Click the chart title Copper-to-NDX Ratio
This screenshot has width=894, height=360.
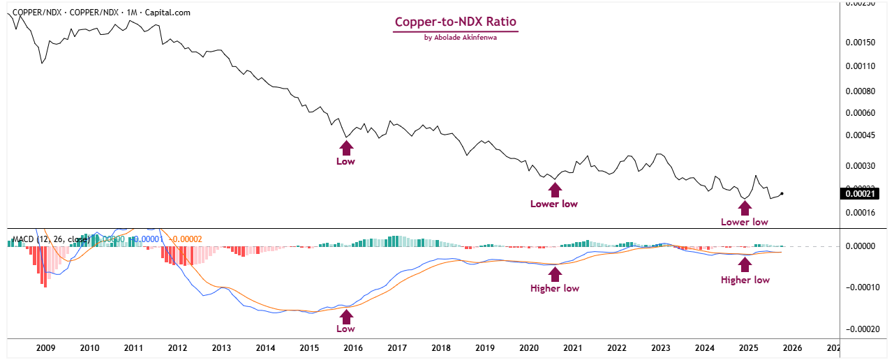[x=456, y=22]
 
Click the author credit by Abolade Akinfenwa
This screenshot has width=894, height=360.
[x=456, y=38]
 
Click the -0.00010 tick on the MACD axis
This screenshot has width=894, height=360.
[x=863, y=287]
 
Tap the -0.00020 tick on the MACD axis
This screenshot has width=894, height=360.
[x=863, y=329]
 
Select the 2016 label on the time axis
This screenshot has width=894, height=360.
[x=353, y=347]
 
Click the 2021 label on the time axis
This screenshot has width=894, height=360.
[x=572, y=347]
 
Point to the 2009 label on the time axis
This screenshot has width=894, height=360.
[x=45, y=347]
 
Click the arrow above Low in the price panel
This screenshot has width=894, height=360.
[x=346, y=146]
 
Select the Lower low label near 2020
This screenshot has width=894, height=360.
[x=554, y=204]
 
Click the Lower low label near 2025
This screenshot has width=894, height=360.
[x=745, y=222]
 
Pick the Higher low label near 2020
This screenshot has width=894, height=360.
[x=554, y=288]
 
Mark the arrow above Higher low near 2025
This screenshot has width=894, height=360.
[x=745, y=264]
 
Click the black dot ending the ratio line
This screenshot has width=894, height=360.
[x=782, y=193]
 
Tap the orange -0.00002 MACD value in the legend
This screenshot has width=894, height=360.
[x=186, y=239]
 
